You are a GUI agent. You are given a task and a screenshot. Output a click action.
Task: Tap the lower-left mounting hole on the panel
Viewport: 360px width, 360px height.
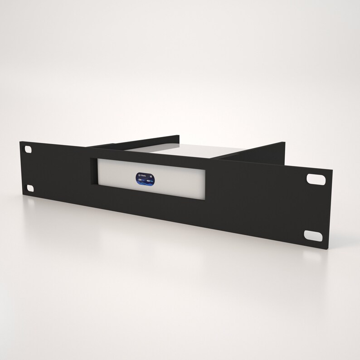(30, 188)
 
